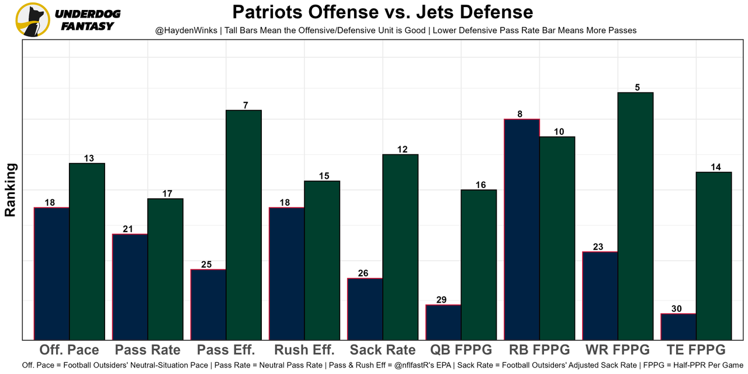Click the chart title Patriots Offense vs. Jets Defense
(382, 12)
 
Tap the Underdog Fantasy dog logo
(33, 20)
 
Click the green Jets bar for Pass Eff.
(244, 224)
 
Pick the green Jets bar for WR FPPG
(635, 216)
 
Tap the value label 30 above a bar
(677, 309)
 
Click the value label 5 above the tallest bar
(637, 88)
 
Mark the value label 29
(442, 300)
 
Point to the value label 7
(245, 105)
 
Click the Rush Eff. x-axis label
(304, 350)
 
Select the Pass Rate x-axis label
(148, 350)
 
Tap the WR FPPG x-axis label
(617, 350)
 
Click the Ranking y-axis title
(10, 190)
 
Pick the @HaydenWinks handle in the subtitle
(183, 30)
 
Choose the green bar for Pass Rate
(165, 269)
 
